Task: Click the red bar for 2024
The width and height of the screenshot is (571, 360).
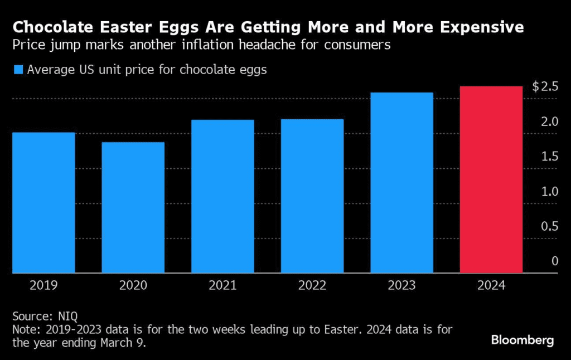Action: tap(491, 179)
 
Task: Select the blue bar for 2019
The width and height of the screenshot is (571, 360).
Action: tap(43, 203)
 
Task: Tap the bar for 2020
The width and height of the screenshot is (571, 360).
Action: tap(133, 207)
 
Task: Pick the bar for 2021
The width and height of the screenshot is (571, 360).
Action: tap(222, 196)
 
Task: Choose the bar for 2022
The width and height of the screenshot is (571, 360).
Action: tap(312, 196)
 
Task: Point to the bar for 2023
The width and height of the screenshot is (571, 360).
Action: tap(401, 183)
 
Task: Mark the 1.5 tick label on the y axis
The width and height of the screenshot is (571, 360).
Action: tap(550, 157)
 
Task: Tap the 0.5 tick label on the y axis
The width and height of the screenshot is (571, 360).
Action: tap(550, 226)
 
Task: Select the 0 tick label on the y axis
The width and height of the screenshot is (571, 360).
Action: tap(555, 261)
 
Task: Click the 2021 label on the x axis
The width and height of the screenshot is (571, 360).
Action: tap(222, 285)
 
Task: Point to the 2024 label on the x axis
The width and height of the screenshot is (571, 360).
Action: tap(491, 285)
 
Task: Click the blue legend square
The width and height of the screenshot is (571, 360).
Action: tap(18, 70)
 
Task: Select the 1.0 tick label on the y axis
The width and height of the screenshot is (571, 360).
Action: tap(550, 192)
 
